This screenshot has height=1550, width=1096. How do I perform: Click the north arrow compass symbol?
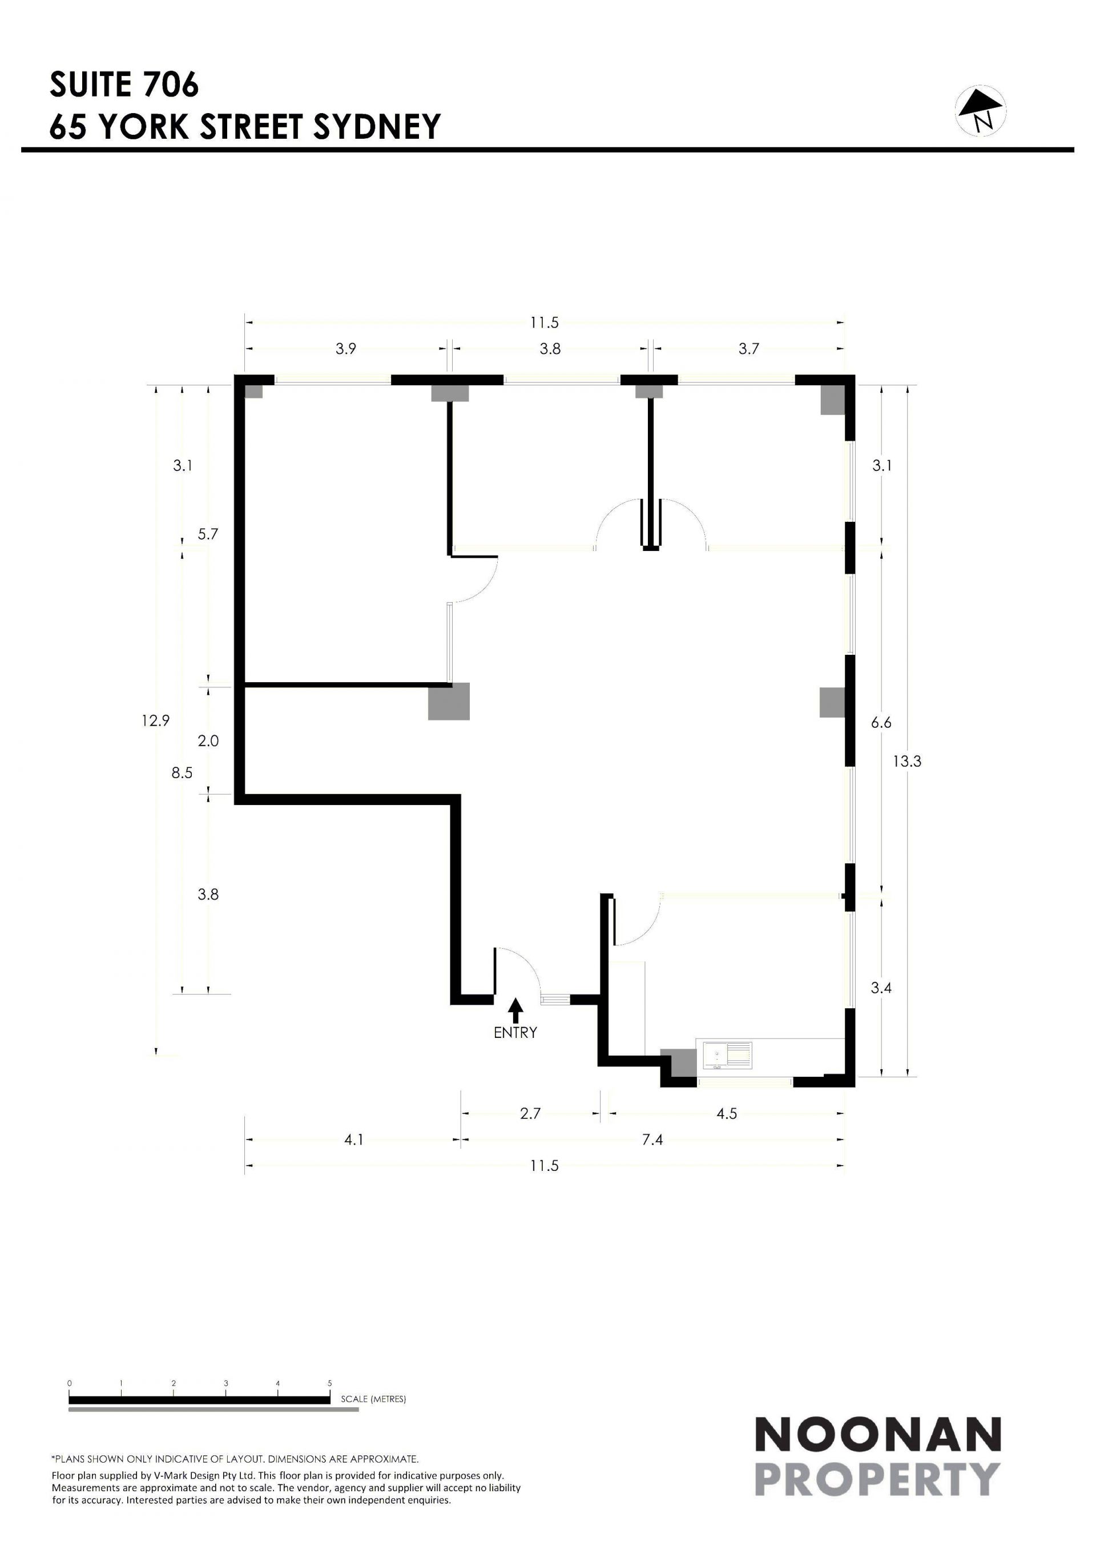[981, 111]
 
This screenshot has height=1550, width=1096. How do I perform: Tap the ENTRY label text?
[515, 1032]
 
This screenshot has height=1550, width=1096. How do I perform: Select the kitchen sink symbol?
[727, 1056]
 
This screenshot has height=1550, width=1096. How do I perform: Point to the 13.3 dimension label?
[906, 762]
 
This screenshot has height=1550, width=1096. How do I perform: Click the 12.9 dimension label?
[155, 720]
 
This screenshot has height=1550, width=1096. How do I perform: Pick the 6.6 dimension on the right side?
[881, 722]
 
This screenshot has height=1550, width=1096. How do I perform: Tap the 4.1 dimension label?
[354, 1140]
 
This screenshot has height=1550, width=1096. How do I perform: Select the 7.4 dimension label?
[652, 1140]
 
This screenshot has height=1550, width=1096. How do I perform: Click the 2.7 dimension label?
[530, 1113]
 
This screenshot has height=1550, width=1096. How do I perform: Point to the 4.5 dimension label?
[726, 1113]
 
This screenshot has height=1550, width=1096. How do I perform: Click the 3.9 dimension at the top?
[345, 348]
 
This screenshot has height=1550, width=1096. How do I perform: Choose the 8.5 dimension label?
[182, 773]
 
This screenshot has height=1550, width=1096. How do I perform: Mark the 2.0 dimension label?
[208, 740]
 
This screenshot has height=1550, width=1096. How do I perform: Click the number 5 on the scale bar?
[329, 1378]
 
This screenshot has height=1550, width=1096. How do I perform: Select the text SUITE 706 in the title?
[124, 84]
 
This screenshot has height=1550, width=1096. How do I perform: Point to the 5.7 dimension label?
[208, 534]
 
